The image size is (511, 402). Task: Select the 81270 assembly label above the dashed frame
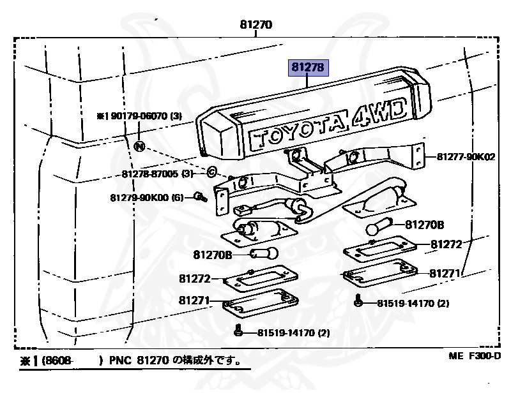[256, 26]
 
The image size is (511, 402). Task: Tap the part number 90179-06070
[139, 116]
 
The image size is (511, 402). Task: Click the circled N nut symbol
[140, 146]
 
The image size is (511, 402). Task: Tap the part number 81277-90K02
[466, 156]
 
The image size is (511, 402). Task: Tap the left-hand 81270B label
[212, 255]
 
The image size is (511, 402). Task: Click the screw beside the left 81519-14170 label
[238, 331]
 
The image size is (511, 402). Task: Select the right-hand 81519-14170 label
[413, 303]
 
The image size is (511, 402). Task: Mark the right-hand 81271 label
[445, 274]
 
